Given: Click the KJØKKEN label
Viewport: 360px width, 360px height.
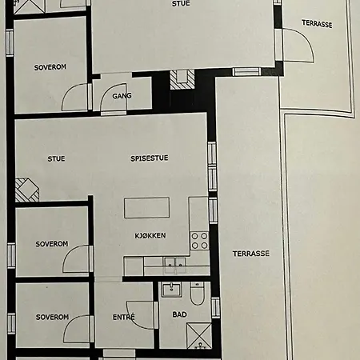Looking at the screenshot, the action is [150, 235].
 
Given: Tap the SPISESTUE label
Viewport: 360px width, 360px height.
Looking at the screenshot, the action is [150, 158].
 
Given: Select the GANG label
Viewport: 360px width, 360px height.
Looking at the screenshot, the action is [122, 96].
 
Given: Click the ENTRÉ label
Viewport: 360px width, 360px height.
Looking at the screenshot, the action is [123, 317].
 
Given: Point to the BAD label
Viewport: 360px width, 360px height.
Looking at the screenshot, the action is [179, 314].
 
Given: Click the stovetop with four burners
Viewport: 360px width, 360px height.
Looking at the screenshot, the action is [199, 241].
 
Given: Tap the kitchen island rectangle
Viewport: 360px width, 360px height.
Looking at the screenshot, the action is [146, 208].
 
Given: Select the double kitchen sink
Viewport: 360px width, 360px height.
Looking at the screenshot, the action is [175, 266].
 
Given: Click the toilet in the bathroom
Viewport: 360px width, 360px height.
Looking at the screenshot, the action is [197, 294].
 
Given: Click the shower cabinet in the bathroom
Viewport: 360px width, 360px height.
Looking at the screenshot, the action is [199, 336].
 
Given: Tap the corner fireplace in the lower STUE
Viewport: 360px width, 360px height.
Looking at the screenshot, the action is [26, 190].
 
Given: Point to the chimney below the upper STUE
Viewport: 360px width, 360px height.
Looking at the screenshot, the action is [182, 79].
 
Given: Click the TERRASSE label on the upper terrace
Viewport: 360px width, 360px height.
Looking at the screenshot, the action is [317, 24].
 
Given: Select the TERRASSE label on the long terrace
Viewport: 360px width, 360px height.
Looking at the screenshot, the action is [251, 254].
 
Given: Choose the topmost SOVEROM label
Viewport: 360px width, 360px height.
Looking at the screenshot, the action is [50, 67].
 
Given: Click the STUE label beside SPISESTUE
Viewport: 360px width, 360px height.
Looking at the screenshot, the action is [56, 159].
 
